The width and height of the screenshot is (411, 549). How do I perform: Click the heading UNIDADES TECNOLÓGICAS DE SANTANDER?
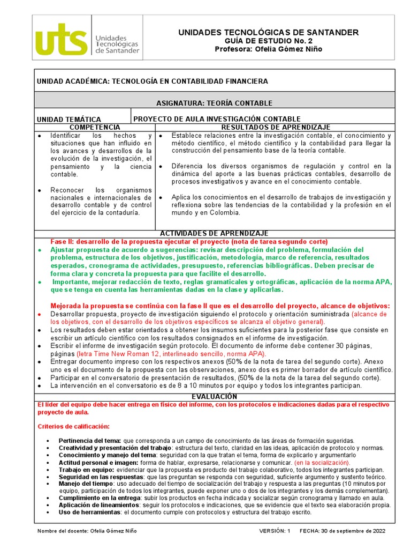[268, 33]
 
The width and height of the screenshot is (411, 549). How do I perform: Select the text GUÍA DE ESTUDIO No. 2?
[268, 41]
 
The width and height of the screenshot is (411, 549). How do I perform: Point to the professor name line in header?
[268, 49]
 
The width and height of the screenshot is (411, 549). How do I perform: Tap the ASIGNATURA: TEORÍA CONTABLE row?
[214, 103]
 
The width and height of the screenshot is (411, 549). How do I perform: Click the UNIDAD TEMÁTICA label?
[68, 119]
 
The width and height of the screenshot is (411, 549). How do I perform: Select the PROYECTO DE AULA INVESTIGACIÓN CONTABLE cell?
[217, 119]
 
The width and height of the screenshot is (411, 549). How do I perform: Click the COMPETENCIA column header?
[95, 127]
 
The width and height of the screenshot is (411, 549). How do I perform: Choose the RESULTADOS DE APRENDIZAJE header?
[276, 127]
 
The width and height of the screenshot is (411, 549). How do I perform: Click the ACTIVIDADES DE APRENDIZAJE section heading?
[214, 233]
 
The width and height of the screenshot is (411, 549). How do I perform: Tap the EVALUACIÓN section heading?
[214, 396]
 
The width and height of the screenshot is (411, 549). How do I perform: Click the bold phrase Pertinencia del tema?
[90, 440]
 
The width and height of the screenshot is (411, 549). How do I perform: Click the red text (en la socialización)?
[322, 462]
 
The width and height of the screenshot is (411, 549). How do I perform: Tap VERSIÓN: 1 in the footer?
[274, 531]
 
